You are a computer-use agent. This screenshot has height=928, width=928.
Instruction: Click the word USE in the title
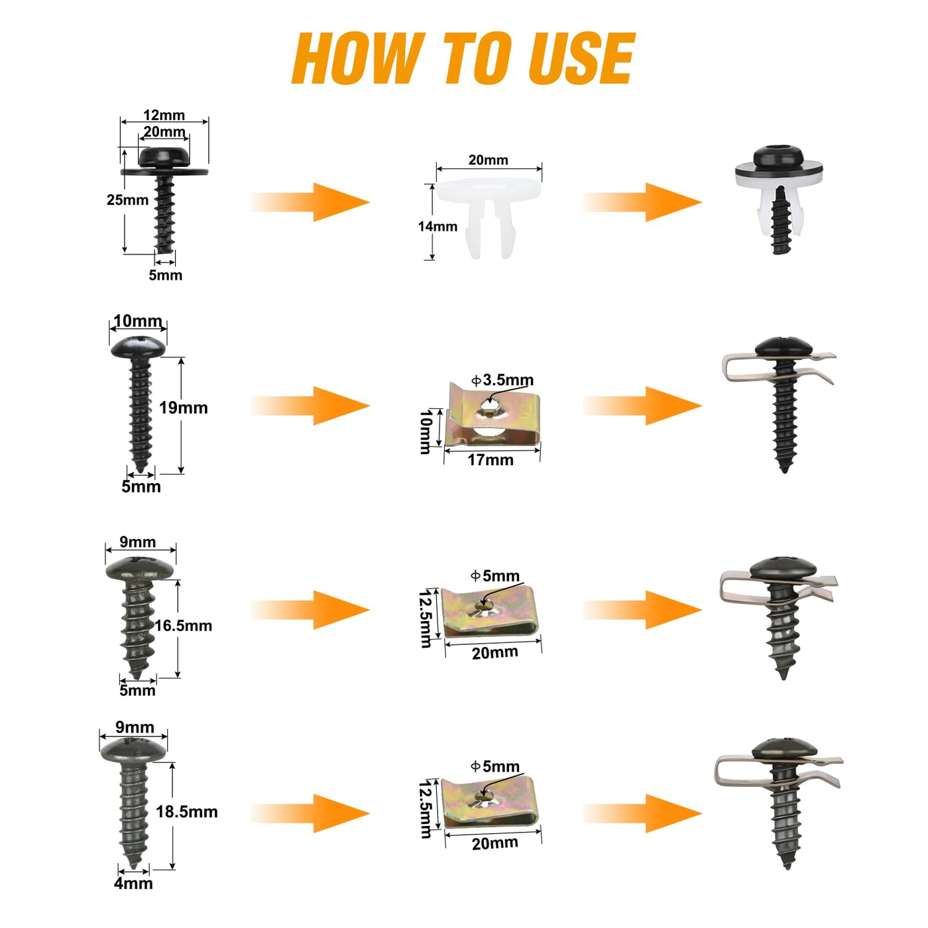coord(581,59)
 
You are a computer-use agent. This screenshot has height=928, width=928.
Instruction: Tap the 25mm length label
coord(128,200)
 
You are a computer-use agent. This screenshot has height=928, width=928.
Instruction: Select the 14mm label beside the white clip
coord(437,226)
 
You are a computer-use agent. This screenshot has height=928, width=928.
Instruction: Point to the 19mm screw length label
coord(184,408)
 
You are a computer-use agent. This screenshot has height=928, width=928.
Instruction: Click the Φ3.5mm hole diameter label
coord(502,380)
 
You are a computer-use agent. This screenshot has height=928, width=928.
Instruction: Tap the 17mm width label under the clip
coord(491,460)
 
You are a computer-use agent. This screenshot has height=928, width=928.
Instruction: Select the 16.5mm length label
coord(183,626)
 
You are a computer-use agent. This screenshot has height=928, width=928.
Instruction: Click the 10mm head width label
coord(138,321)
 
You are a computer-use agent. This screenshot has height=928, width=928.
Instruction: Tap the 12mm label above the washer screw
coord(164,115)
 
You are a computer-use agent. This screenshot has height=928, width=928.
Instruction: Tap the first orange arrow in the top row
coord(310,202)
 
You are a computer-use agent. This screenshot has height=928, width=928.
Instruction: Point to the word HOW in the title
coord(359,59)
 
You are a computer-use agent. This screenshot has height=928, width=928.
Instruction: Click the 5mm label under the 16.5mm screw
coord(138,691)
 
